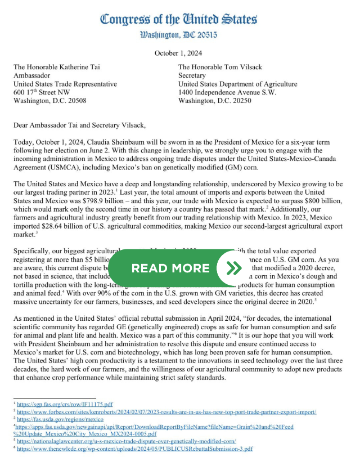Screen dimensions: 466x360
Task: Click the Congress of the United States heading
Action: (179, 19)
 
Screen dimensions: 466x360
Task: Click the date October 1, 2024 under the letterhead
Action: (179, 53)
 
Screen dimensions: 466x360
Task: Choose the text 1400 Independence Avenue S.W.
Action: (227, 92)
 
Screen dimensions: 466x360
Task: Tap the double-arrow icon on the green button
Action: (233, 267)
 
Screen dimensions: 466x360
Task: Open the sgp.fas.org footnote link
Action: (65, 404)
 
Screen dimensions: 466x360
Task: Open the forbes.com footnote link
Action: (166, 412)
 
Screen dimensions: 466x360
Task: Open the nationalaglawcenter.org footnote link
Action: (127, 441)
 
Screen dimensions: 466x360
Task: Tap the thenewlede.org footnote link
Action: (135, 449)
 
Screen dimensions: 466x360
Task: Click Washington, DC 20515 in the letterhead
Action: (179, 35)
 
